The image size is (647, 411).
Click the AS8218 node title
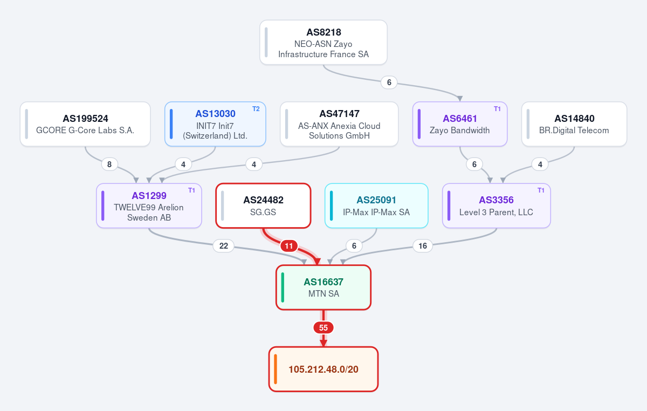323,32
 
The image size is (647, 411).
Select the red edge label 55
323,328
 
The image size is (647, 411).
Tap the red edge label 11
289,246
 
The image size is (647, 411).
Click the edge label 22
224,246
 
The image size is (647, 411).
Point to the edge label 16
423,246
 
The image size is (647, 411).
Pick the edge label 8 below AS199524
109,165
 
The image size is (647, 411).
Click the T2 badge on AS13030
256,109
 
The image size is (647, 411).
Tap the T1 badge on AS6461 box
497,109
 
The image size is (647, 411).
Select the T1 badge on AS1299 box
191,190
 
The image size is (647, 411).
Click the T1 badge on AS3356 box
541,190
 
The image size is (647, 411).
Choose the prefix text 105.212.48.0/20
323,369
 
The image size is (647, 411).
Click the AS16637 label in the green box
323,282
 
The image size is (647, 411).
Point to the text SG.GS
263,212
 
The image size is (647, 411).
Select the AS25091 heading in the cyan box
376,200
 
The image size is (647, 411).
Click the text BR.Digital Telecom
574,131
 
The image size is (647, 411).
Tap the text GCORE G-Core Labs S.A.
85,131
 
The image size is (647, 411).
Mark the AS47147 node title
339,114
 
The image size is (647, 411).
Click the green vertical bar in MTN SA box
283,287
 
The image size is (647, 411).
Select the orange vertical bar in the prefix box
276,369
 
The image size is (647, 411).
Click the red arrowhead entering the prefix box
323,343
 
